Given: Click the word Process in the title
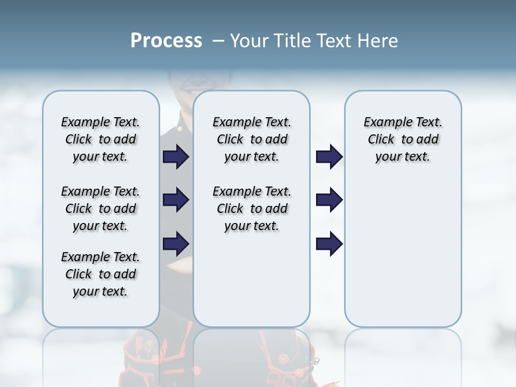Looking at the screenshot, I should [166, 41].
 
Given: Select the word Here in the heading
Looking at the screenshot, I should [379, 41].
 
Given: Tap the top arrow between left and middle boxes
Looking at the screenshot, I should [176, 157].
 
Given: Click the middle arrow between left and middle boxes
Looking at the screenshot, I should [176, 200].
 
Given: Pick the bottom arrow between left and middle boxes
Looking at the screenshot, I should [176, 243].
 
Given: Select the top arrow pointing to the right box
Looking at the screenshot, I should [329, 157].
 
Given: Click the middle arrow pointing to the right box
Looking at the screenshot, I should [329, 200].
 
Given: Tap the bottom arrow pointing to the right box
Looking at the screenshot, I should [329, 243].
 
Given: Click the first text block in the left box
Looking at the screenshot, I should [101, 139].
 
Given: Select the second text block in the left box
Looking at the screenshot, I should [101, 209].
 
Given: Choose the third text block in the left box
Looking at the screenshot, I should [101, 274].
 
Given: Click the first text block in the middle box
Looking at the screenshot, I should [252, 139].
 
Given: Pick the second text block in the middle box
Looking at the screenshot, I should [252, 209].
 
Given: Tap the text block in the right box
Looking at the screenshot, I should [403, 139].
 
